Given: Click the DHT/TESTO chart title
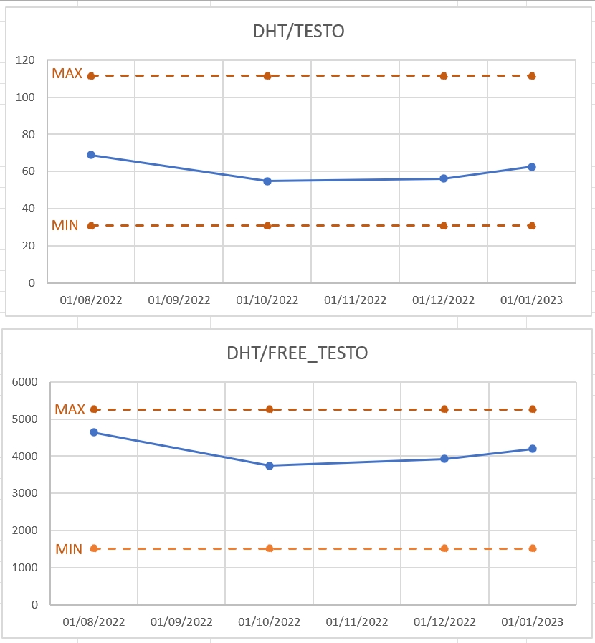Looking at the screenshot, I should tap(298, 31).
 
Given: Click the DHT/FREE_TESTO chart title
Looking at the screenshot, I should tap(297, 353).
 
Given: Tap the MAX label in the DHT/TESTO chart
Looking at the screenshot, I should tap(67, 73).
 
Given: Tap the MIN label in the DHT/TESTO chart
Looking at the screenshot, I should tap(65, 226).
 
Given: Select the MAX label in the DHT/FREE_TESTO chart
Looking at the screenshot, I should tap(70, 409).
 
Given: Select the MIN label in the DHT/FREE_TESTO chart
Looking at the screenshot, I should tap(69, 549).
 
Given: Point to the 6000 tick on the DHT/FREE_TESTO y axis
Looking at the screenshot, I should tap(25, 382).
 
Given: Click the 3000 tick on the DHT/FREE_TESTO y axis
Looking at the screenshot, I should tap(25, 493).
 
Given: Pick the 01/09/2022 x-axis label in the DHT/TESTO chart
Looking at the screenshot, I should tap(179, 300).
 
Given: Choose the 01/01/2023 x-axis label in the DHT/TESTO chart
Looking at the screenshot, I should tap(531, 300).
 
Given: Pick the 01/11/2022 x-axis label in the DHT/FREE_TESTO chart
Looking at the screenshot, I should tap(357, 622).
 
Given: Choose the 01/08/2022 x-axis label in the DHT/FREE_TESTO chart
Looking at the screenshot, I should tap(93, 622).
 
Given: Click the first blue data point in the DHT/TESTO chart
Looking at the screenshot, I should tap(91, 155).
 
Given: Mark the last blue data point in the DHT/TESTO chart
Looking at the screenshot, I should tap(532, 167).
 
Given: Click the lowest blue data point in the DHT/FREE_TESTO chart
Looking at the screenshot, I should tap(270, 466).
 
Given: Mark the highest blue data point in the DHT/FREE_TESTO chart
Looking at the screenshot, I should tap(94, 432).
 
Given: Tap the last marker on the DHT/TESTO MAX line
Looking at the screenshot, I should tap(532, 76).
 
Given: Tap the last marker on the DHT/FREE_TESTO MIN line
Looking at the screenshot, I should tap(533, 548).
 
